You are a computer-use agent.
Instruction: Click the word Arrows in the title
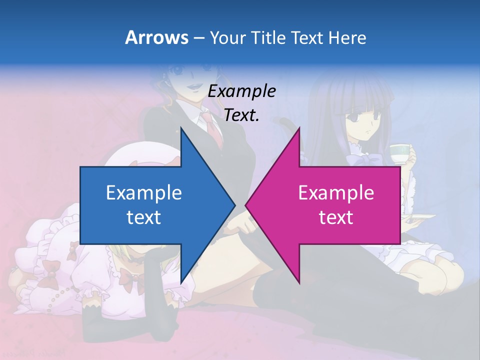coord(156,37)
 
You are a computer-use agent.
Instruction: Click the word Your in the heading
coord(228,37)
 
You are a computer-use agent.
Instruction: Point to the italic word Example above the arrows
coord(241,91)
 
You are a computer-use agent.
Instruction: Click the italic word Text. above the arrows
coord(241,115)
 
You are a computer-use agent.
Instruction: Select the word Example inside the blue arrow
coord(144,192)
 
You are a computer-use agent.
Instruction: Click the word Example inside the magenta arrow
coord(336,192)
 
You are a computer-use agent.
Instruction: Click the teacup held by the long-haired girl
coord(399,153)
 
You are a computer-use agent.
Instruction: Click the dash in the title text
coord(198,38)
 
